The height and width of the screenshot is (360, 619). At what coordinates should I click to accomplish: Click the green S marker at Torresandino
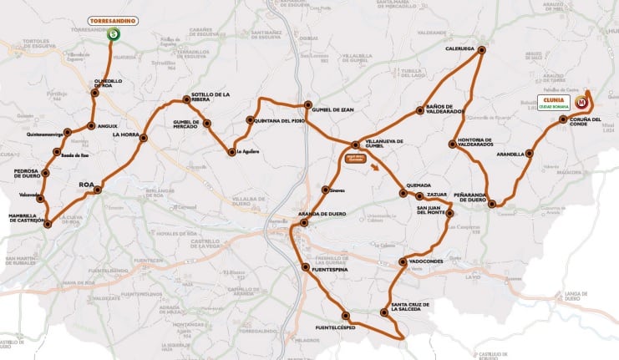(113, 34)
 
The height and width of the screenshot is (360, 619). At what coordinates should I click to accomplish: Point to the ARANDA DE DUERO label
(322, 215)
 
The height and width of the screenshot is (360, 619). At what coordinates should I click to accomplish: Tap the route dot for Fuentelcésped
(346, 315)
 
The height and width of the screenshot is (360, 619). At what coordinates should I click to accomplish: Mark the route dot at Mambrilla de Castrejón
(48, 224)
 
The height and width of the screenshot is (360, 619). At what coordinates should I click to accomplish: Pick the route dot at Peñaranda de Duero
(492, 204)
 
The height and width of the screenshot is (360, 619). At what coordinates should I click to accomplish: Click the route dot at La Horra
(145, 138)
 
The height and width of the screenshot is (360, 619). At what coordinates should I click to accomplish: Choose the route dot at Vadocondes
(403, 262)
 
